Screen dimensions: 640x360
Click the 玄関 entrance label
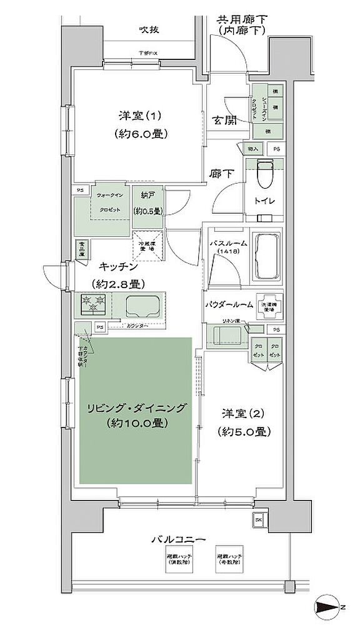tap(223, 121)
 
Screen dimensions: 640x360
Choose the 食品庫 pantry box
tap(81, 249)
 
